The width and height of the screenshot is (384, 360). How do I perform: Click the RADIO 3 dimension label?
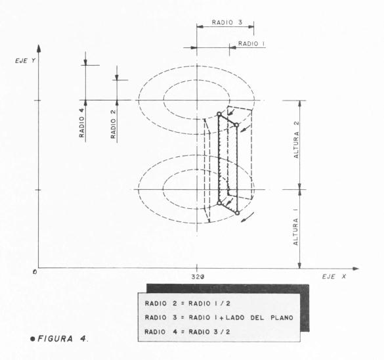point(226,22)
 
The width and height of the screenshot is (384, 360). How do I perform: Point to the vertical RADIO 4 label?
point(81,123)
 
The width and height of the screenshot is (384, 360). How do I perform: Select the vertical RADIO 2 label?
point(113,124)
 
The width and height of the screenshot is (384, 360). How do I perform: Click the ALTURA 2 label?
point(296,140)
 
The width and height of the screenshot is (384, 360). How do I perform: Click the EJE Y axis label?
point(25,61)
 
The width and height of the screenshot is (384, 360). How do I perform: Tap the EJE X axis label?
point(334,277)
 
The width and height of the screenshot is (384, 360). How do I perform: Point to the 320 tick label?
point(198,277)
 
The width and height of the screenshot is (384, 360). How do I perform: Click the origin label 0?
point(35,272)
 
